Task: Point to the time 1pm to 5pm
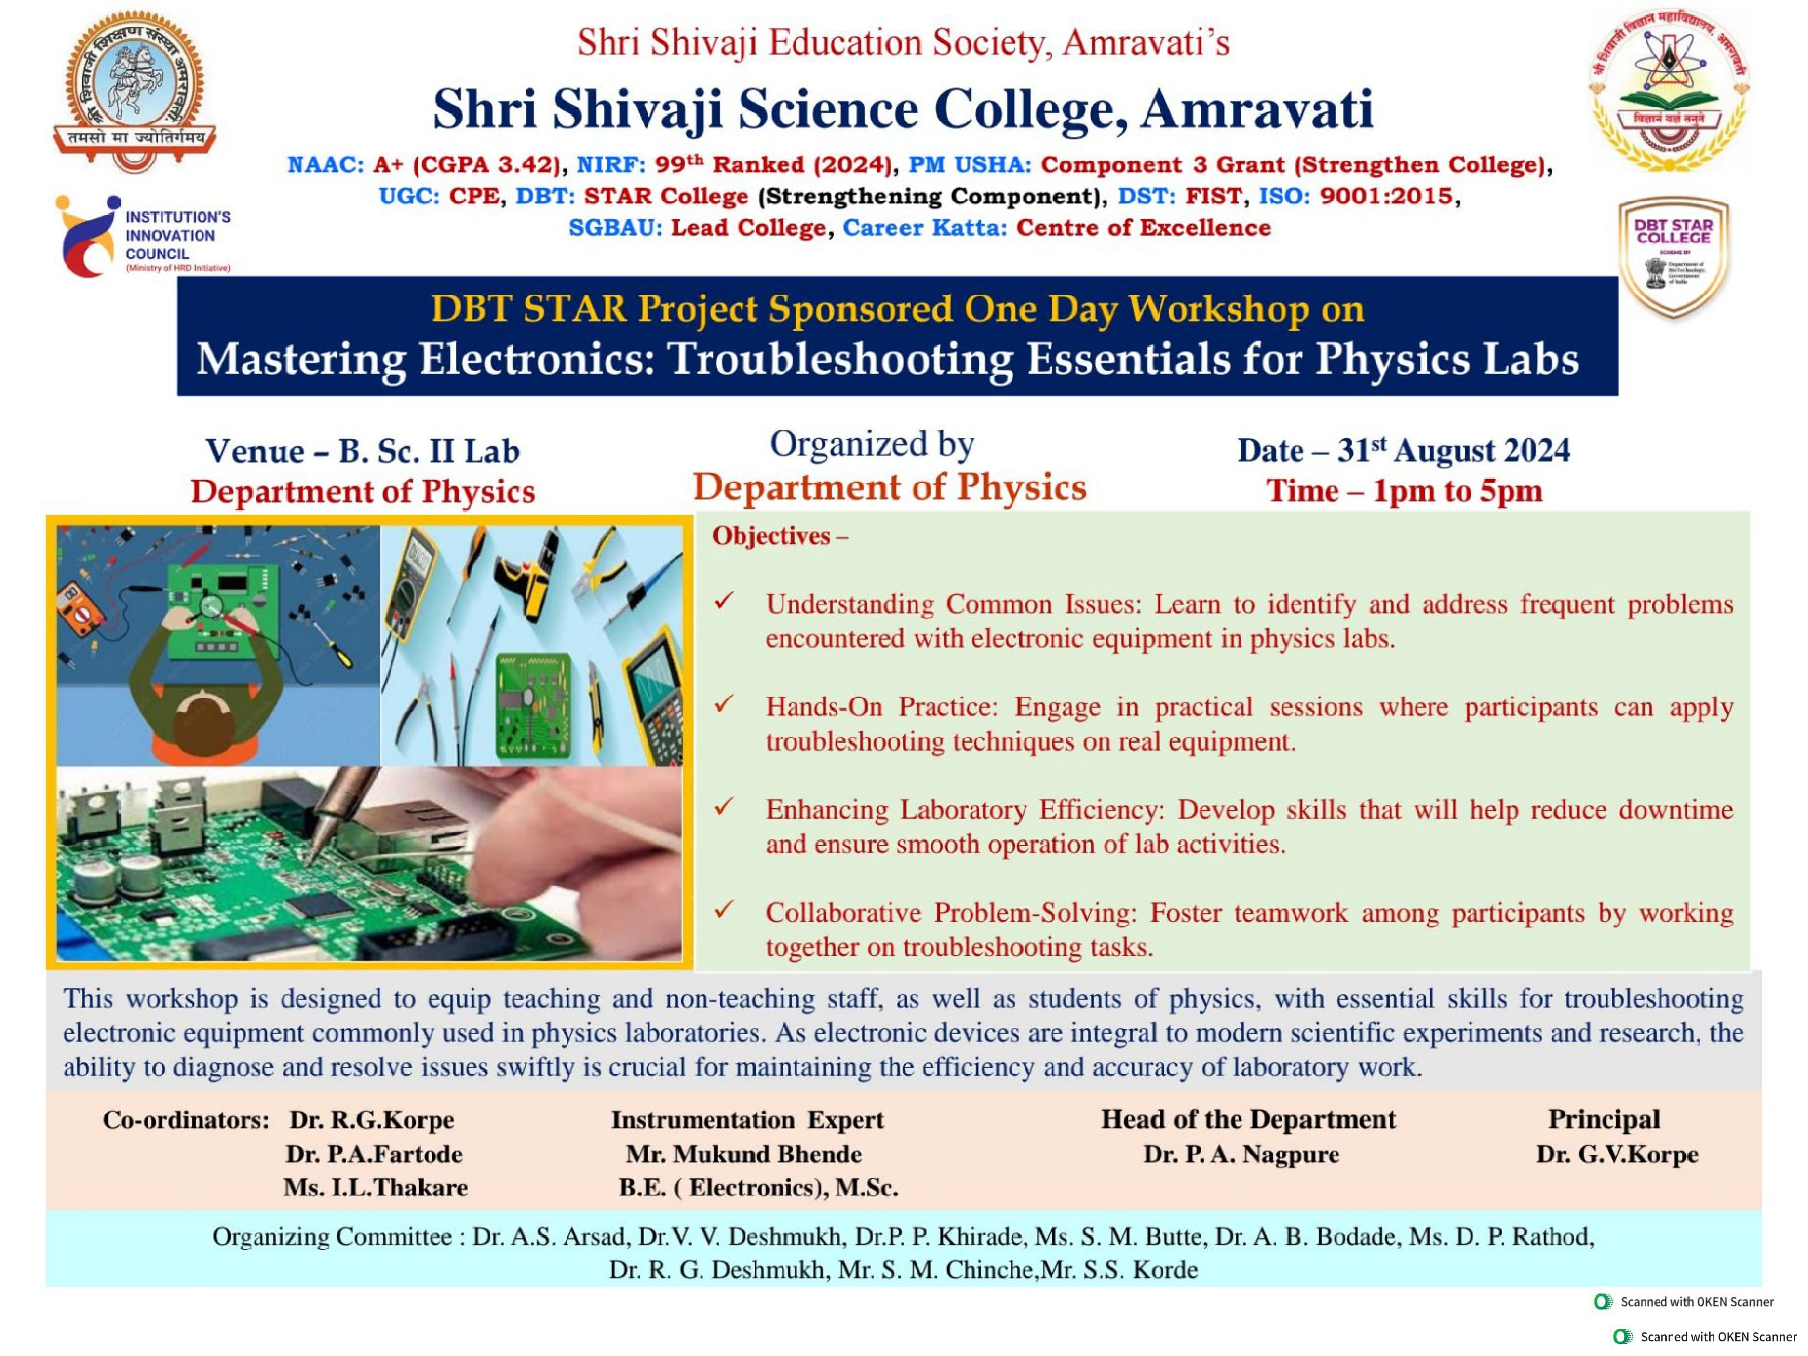click(1404, 490)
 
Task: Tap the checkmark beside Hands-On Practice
click(723, 705)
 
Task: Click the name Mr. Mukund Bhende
click(744, 1154)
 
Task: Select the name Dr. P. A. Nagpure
click(1241, 1154)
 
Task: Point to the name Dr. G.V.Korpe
click(1617, 1154)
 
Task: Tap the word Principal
click(1604, 1119)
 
